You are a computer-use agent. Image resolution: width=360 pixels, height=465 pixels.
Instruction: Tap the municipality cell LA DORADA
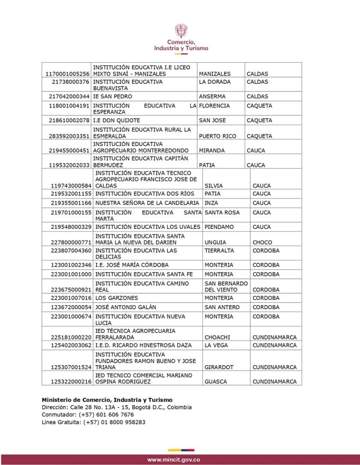pyautogui.click(x=215, y=82)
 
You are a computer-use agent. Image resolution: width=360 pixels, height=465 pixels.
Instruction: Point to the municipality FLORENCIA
pyautogui.click(x=215, y=106)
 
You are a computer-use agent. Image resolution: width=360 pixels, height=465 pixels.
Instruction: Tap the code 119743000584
pyautogui.click(x=71, y=186)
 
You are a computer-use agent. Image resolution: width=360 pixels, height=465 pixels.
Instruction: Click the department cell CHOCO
pyautogui.click(x=262, y=242)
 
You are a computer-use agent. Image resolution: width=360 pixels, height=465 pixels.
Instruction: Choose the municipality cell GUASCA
pyautogui.click(x=215, y=382)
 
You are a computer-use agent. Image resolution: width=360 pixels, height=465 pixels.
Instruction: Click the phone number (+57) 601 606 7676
pyautogui.click(x=106, y=415)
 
